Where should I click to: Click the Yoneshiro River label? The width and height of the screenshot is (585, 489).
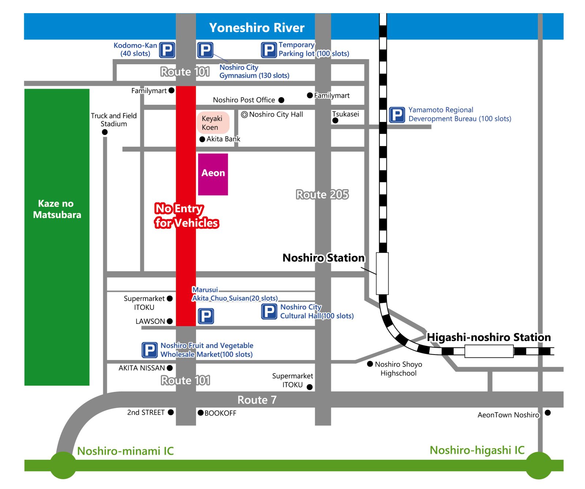257,28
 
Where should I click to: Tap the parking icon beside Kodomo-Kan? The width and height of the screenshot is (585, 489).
167,50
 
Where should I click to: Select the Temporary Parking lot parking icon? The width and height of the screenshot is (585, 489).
269,50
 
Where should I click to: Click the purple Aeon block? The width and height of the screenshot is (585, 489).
213,174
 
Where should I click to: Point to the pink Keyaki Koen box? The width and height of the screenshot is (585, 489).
213,123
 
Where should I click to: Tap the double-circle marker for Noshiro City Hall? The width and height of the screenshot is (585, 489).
244,115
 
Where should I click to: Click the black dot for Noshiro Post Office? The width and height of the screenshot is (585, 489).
281,100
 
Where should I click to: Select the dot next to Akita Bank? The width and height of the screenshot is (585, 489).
202,139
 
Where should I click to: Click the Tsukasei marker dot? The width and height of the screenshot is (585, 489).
335,121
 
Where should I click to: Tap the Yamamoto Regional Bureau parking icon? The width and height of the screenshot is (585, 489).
397,115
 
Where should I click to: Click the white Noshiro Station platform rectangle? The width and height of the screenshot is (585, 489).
382,273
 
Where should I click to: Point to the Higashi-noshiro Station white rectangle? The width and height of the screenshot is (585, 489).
489,351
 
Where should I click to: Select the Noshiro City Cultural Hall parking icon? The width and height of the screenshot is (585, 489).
269,312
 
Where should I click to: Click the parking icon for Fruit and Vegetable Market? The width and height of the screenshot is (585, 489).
150,350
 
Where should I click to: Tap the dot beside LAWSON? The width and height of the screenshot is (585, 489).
170,321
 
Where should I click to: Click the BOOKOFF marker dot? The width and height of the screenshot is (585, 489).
201,413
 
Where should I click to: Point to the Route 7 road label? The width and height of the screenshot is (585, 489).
257,400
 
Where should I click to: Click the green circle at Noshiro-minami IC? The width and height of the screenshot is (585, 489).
63,465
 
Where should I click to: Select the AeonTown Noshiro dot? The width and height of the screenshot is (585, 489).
548,413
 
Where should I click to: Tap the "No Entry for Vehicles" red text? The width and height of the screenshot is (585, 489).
186,215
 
